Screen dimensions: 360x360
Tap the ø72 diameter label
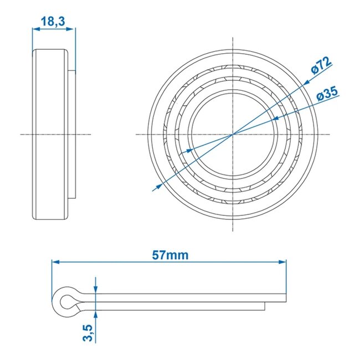coord(322,65)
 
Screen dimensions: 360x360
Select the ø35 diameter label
coord(327,94)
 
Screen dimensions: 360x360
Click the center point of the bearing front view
coord(234,133)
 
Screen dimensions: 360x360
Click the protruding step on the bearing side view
coord(72,133)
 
